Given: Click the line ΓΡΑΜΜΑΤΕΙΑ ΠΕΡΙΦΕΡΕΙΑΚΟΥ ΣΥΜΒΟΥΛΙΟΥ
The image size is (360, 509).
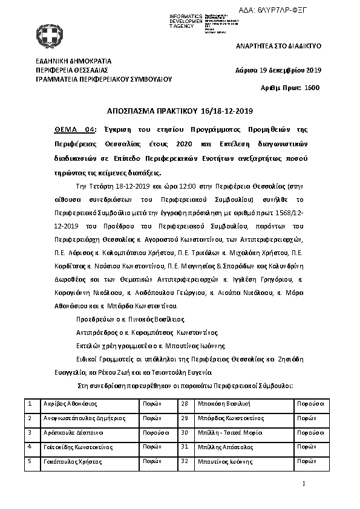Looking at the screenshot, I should click(104, 79).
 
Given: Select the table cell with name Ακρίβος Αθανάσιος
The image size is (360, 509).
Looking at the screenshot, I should click(71, 403).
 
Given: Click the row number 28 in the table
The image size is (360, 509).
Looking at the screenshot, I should click(185, 403).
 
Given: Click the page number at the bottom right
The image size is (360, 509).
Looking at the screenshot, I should click(304, 483).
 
